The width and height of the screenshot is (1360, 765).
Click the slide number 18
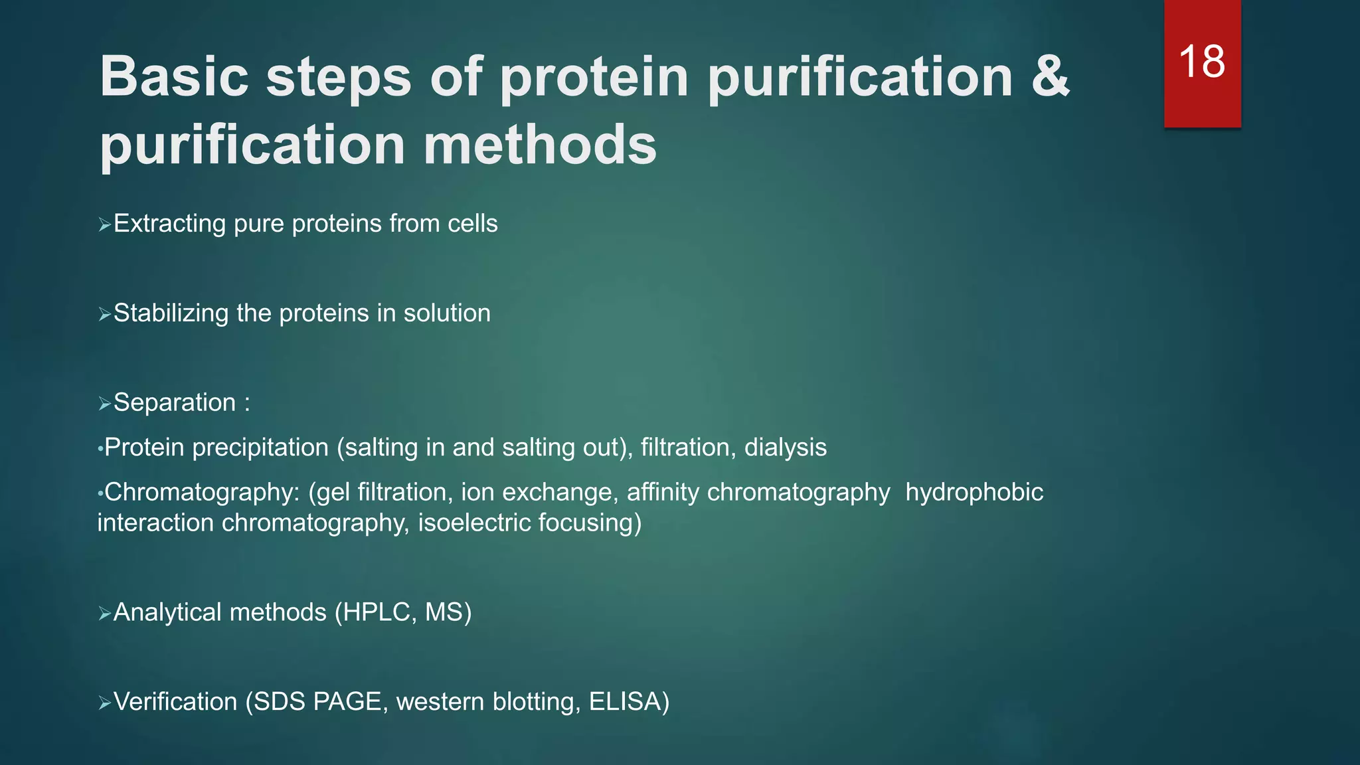point(1202,62)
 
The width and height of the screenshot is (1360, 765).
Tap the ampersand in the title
point(1050,76)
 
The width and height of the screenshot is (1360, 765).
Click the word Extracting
point(169,224)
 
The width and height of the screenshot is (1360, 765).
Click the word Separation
point(175,402)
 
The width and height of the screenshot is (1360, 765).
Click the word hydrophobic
point(974,492)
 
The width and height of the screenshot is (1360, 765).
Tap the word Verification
point(175,702)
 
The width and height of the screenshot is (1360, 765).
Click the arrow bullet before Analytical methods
point(104,614)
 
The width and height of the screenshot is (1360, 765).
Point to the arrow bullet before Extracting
point(104,226)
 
